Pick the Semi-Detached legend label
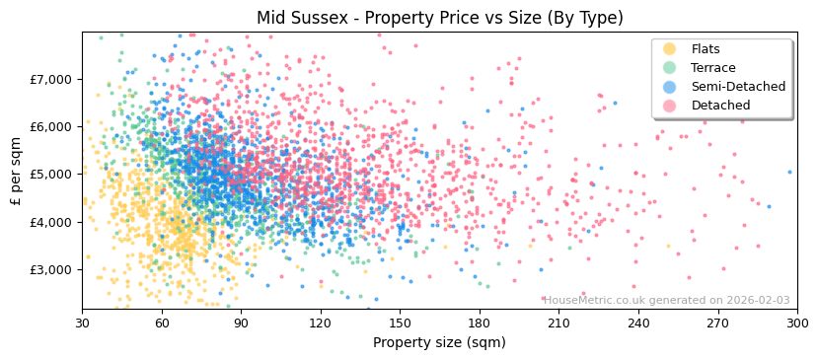pyautogui.click(x=738, y=87)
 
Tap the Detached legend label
pyautogui.click(x=720, y=106)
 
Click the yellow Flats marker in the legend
pyautogui.click(x=670, y=49)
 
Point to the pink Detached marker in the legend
pyautogui.click(x=670, y=106)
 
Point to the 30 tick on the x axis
pyautogui.click(x=82, y=324)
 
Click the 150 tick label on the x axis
pyautogui.click(x=400, y=324)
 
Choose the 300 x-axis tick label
pyautogui.click(x=796, y=324)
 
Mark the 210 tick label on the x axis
pyautogui.click(x=558, y=324)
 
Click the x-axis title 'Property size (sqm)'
pyautogui.click(x=439, y=343)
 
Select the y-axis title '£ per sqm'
pyautogui.click(x=16, y=171)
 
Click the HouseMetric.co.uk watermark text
pyautogui.click(x=667, y=301)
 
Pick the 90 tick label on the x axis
pyautogui.click(x=241, y=324)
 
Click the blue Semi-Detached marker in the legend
pyautogui.click(x=670, y=87)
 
